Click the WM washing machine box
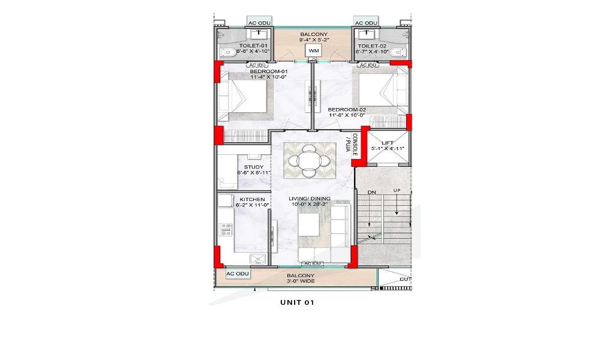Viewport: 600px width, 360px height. click(x=313, y=52)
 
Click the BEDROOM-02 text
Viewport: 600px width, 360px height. click(x=347, y=110)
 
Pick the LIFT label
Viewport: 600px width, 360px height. click(x=388, y=142)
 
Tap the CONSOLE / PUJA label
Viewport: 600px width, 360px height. click(x=351, y=145)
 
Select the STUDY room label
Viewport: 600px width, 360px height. click(x=254, y=167)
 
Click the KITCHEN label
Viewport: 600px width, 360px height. click(x=253, y=199)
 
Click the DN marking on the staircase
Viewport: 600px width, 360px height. click(x=363, y=193)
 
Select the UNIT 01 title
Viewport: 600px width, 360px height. click(x=297, y=302)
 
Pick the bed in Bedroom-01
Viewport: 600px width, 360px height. click(x=242, y=96)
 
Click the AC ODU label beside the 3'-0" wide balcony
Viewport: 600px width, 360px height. click(x=238, y=274)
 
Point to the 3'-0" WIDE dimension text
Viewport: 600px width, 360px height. click(x=302, y=281)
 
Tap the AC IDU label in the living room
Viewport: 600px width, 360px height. click(x=313, y=263)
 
